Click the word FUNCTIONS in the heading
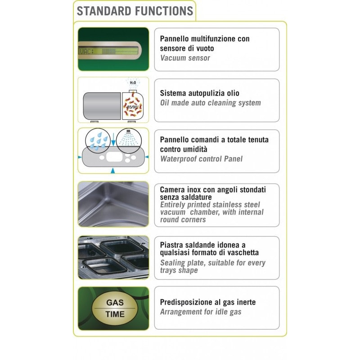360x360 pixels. point(164,11)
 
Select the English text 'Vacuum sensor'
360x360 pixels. point(185,58)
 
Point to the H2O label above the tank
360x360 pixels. point(133,83)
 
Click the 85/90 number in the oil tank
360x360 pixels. point(132,107)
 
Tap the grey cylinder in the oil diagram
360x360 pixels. point(102,106)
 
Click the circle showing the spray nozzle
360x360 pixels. point(129,140)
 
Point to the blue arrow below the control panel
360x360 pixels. point(113,171)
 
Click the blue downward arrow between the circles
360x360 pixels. point(113,139)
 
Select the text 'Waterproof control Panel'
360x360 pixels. point(201,159)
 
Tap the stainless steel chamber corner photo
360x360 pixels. point(113,204)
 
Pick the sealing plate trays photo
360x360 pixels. point(113,257)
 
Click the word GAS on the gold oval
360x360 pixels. point(115,302)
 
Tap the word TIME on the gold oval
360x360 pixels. point(115,314)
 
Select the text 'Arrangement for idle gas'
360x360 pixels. point(201,312)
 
